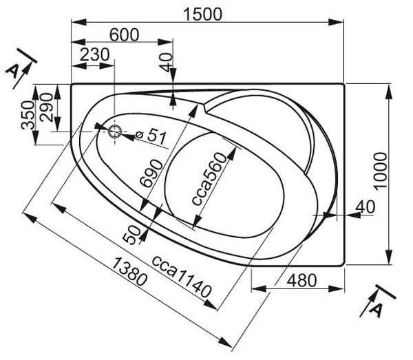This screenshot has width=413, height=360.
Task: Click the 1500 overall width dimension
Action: click(202, 14)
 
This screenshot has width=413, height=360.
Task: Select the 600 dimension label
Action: click(124, 35)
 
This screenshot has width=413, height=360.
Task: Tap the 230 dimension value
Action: click(94, 54)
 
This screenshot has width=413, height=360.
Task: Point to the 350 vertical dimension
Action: click(28, 115)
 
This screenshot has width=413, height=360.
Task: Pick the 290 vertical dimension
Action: click(46, 107)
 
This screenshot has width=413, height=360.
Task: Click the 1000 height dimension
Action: click(381, 171)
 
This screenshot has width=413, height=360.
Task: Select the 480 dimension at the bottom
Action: click(301, 280)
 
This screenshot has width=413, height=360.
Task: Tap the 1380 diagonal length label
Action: click(129, 272)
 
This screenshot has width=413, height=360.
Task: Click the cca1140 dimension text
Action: click(182, 276)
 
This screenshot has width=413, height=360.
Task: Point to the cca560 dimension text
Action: click(209, 179)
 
